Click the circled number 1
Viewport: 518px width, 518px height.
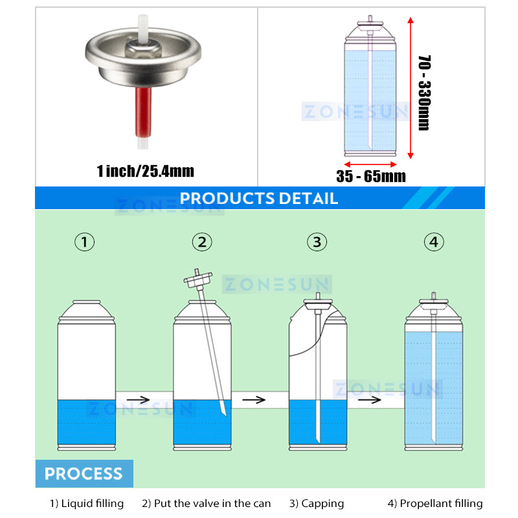[x=85, y=242]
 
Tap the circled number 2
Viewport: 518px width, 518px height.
[x=202, y=242]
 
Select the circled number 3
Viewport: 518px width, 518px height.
[x=317, y=242]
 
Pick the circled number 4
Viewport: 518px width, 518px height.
[x=434, y=242]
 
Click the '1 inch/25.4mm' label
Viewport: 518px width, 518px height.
[x=145, y=171]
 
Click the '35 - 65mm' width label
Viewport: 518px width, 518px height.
[x=371, y=175]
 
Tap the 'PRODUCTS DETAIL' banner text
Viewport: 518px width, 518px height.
[x=259, y=198]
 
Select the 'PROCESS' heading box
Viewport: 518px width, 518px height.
[x=84, y=473]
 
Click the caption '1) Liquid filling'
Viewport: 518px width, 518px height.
[x=87, y=503]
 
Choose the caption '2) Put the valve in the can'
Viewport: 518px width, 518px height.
[x=207, y=503]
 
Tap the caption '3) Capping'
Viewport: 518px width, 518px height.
[x=317, y=503]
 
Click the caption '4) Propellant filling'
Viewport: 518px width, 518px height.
[x=435, y=503]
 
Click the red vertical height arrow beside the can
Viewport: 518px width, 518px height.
[x=411, y=88]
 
